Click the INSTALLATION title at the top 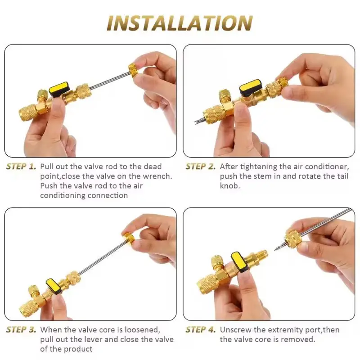(x=180, y=23)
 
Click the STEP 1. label (x=21, y=166)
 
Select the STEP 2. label (x=201, y=166)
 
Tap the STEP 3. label (x=21, y=330)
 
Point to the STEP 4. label (x=201, y=330)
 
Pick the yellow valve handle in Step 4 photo (x=240, y=261)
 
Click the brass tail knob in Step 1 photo (x=134, y=70)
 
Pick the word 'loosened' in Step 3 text (x=144, y=330)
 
